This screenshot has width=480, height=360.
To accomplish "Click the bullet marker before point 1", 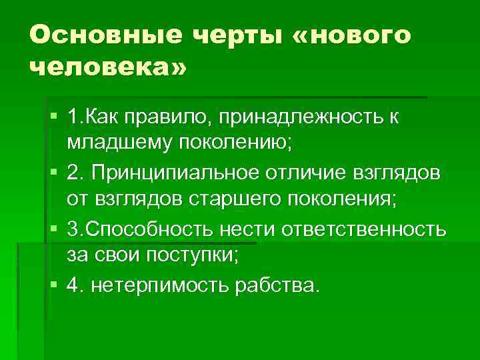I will [53, 118].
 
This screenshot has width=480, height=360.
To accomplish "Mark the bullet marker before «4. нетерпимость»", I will [53, 285].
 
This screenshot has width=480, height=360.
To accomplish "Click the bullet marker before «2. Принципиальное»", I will [53, 173].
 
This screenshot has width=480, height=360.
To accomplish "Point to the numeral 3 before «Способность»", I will [72, 229].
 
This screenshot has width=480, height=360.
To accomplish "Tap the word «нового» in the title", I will [358, 35].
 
